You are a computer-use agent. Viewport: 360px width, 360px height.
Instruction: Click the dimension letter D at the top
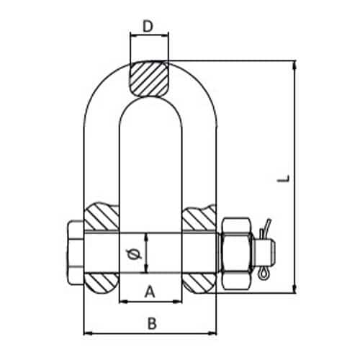click(148, 26)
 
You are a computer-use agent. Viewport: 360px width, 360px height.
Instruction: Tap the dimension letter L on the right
click(284, 179)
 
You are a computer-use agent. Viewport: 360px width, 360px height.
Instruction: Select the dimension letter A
click(150, 291)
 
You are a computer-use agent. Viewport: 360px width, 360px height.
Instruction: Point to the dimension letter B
click(152, 323)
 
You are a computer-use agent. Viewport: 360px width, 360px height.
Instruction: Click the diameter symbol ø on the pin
click(134, 254)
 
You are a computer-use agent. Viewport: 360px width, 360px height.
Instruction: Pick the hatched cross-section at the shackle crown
click(149, 78)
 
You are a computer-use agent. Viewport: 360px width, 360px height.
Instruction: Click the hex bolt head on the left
click(75, 253)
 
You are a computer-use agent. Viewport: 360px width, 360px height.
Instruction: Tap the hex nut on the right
click(237, 253)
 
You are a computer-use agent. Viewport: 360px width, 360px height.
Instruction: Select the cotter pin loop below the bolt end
click(264, 274)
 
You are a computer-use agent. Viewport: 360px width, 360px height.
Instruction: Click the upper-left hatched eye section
click(102, 217)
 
